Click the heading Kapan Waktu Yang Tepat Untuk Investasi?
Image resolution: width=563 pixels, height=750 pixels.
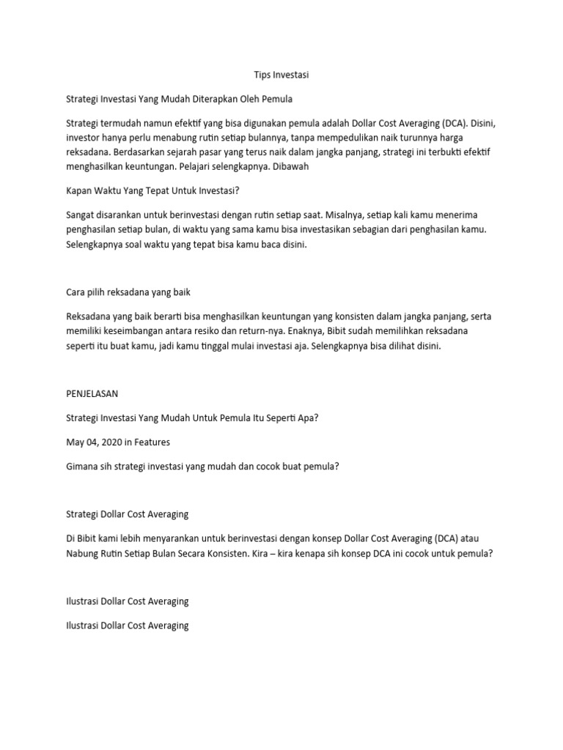pos(152,192)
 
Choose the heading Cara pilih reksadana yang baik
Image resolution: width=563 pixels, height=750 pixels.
pos(128,292)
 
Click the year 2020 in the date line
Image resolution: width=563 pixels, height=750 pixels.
pos(111,442)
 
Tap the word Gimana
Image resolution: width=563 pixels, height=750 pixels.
pos(82,464)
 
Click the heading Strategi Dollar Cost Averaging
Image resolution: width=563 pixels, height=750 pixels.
pos(127,514)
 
